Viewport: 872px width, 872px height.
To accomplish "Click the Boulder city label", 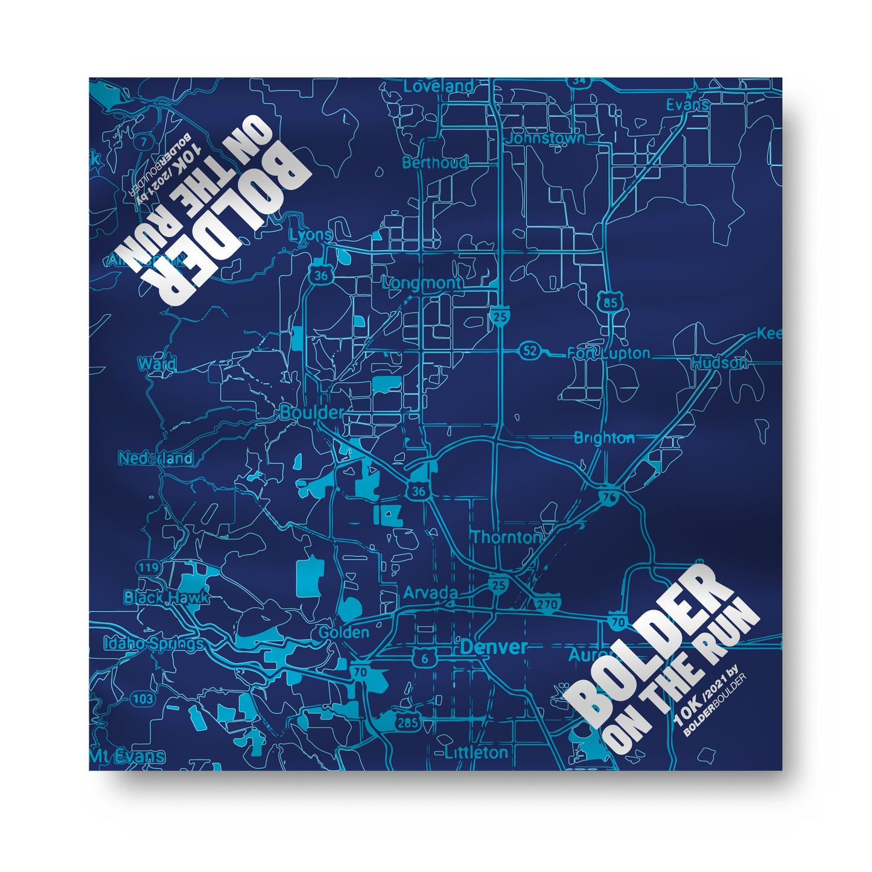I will pyautogui.click(x=311, y=413).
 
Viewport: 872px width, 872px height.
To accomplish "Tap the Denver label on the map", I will pyautogui.click(x=494, y=648).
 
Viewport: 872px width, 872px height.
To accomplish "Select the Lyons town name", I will pyautogui.click(x=311, y=235).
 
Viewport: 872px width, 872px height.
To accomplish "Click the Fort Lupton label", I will pyautogui.click(x=609, y=354).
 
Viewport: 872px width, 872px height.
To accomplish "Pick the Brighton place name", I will pyautogui.click(x=603, y=438).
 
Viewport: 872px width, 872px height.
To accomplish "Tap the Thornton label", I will pyautogui.click(x=506, y=537).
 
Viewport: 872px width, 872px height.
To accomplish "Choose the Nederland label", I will pyautogui.click(x=156, y=458).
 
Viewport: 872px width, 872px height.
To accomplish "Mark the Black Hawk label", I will pyautogui.click(x=166, y=597).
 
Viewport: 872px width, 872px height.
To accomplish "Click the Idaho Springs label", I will pyautogui.click(x=153, y=643).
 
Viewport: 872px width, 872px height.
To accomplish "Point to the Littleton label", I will pyautogui.click(x=476, y=753).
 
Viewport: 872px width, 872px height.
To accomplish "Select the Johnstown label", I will pyautogui.click(x=546, y=138).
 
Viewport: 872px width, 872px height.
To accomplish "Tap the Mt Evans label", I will pyautogui.click(x=127, y=756).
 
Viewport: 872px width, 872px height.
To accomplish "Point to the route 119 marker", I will pyautogui.click(x=148, y=568).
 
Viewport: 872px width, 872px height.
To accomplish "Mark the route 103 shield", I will pyautogui.click(x=142, y=699).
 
